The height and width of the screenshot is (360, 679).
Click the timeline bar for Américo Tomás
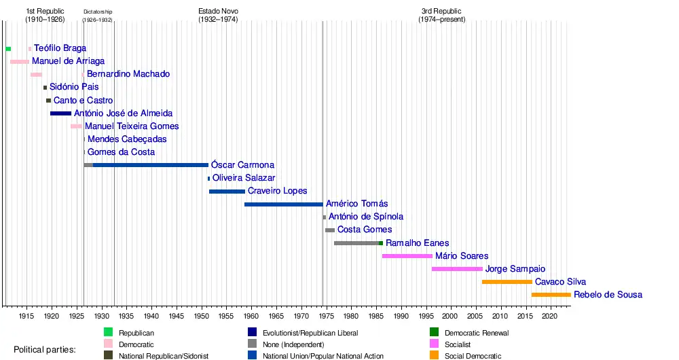click(283, 204)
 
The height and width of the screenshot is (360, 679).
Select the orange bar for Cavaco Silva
click(507, 282)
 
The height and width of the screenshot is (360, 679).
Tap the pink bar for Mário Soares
click(407, 256)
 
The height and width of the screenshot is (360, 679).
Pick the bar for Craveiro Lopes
click(227, 192)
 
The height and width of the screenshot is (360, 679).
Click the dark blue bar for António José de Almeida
click(60, 113)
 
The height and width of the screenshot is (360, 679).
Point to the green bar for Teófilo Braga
click(8, 49)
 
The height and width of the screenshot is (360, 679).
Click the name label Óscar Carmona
click(242, 165)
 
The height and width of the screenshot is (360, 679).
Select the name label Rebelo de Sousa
click(608, 295)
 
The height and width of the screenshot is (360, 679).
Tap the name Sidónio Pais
click(74, 87)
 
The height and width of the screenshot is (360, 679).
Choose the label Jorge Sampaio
click(515, 269)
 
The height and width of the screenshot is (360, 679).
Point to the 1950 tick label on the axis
click(201, 317)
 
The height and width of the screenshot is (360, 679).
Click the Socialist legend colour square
click(435, 344)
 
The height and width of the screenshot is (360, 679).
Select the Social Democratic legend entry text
click(473, 356)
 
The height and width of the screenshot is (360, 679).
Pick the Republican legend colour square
click(108, 332)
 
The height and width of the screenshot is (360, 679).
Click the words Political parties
click(45, 350)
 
